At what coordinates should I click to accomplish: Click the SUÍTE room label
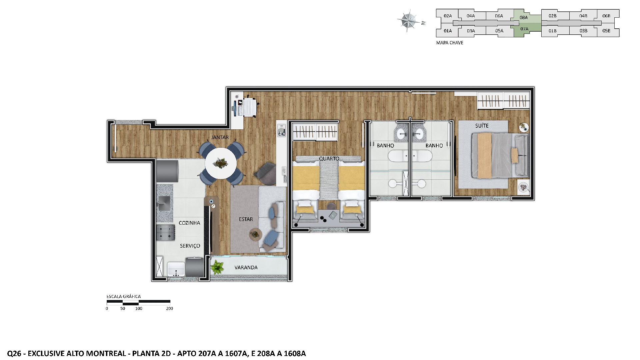482,126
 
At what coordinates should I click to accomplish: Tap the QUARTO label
329,159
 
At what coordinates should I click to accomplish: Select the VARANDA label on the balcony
246,267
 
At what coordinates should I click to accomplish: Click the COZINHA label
189,223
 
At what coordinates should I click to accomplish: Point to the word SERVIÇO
190,246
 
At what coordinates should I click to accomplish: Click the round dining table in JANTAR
221,163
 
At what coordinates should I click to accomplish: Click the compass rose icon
409,21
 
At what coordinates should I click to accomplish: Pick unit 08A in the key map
524,17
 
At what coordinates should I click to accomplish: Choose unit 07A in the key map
524,29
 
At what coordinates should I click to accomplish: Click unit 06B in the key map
606,16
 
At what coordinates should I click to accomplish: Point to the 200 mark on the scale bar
169,308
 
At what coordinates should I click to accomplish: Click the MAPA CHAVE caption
450,43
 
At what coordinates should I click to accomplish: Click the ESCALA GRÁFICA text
123,296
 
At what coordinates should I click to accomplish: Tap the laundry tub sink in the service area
176,269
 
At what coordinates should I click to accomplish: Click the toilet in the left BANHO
395,183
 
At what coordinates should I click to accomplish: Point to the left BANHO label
385,146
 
